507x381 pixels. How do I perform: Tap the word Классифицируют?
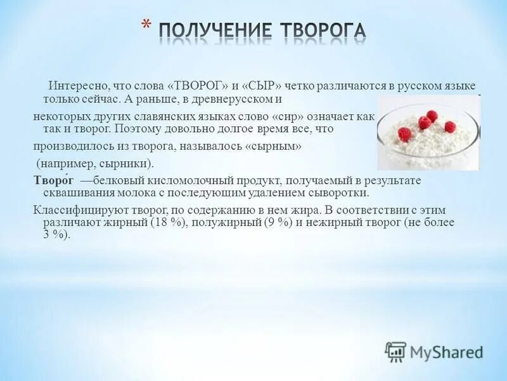coord(70,209)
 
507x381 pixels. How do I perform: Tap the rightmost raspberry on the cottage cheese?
coord(450,126)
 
